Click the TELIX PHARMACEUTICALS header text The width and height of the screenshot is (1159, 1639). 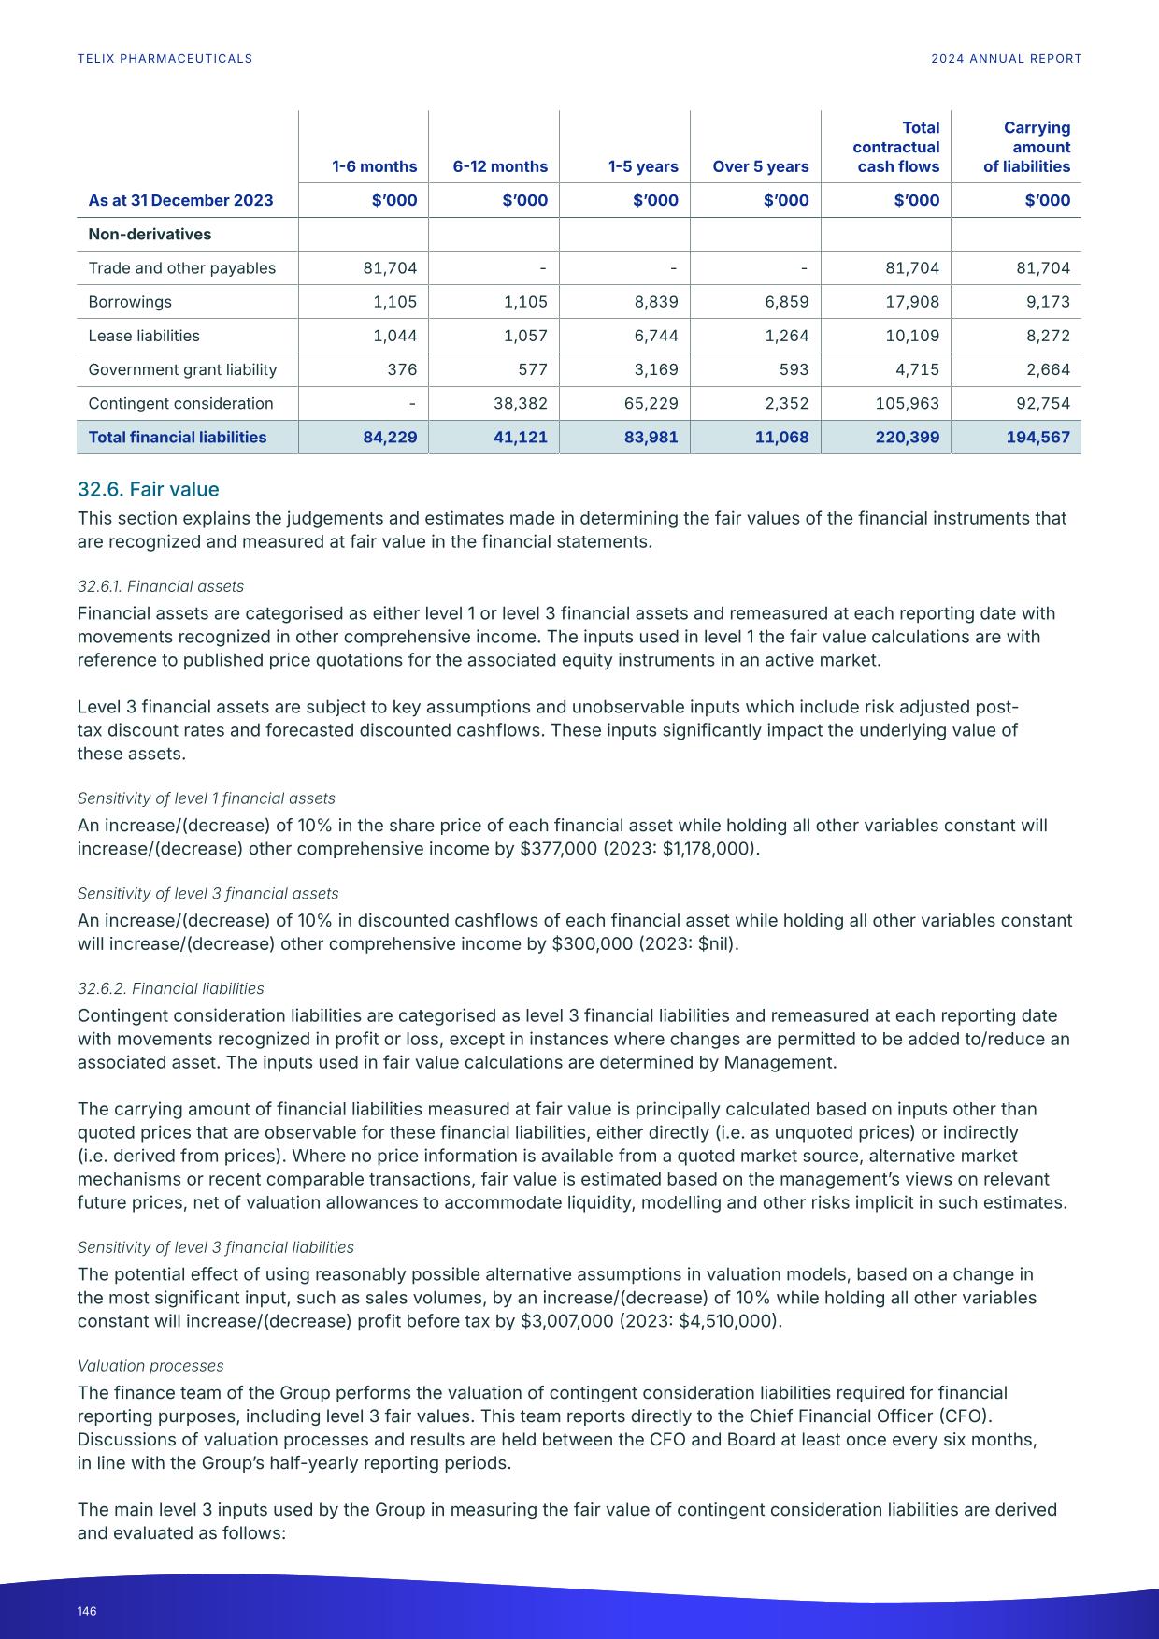pyautogui.click(x=165, y=58)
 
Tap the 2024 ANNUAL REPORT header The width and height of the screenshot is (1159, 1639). pyautogui.click(x=1006, y=58)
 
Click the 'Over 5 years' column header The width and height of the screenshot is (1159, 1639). pyautogui.click(x=760, y=166)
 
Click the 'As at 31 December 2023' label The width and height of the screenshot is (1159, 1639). pyautogui.click(x=180, y=200)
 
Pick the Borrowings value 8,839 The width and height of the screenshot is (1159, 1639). pyautogui.click(x=655, y=302)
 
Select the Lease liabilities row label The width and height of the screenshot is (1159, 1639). pyautogui.click(x=144, y=336)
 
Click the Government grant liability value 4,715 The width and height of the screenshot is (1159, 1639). pyautogui.click(x=917, y=369)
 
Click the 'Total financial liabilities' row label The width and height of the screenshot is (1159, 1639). pyautogui.click(x=177, y=437)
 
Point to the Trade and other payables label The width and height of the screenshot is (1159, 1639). pyautogui.click(x=181, y=268)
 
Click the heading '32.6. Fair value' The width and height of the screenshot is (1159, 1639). pyautogui.click(x=148, y=489)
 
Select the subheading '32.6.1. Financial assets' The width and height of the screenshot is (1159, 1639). pyautogui.click(x=160, y=586)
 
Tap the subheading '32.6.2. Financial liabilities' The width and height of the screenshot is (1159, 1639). pyautogui.click(x=170, y=988)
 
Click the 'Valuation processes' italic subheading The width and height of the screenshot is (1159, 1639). pyautogui.click(x=150, y=1366)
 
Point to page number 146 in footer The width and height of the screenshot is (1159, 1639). pyautogui.click(x=87, y=1611)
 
